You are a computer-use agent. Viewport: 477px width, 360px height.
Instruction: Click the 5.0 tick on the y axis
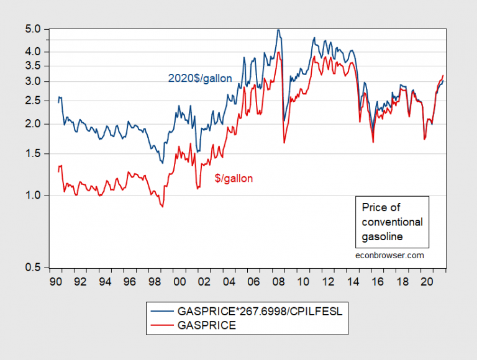click(x=33, y=29)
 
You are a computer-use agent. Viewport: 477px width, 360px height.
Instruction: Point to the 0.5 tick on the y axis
click(x=33, y=268)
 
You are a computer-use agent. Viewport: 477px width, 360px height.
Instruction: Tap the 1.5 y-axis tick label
click(x=33, y=154)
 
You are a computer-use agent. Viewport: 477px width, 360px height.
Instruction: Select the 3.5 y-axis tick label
click(x=33, y=66)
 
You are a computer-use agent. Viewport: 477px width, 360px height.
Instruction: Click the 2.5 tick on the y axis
click(x=33, y=101)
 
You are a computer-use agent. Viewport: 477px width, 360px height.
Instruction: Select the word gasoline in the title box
click(x=382, y=236)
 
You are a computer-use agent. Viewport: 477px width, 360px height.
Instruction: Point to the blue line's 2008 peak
click(x=278, y=29)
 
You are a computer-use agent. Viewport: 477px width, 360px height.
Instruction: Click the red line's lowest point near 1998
click(x=162, y=206)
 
